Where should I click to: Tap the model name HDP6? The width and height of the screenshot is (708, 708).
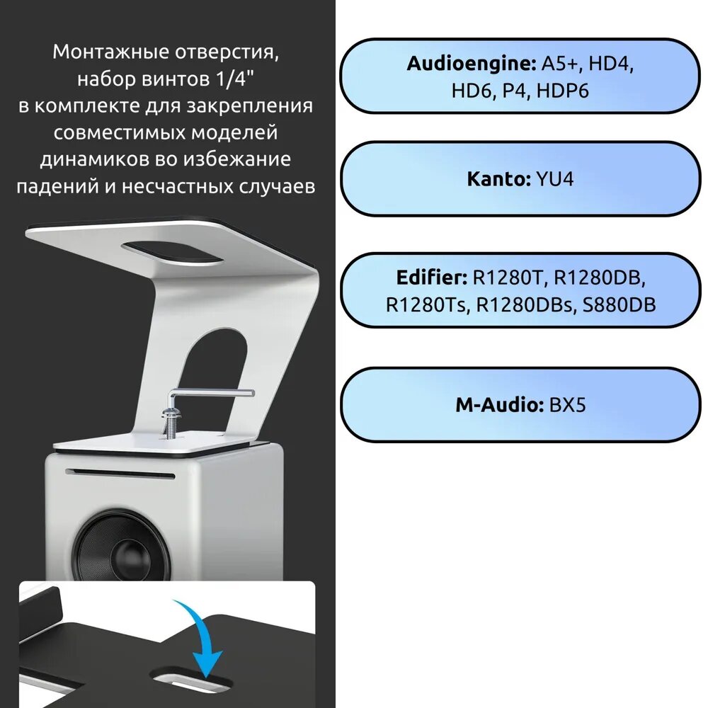(x=564, y=91)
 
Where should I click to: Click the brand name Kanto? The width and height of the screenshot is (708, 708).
(x=497, y=178)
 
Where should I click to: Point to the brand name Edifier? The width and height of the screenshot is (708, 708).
(x=428, y=277)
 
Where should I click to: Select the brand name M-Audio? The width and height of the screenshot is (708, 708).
(x=498, y=406)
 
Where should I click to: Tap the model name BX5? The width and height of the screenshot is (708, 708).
(x=567, y=406)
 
